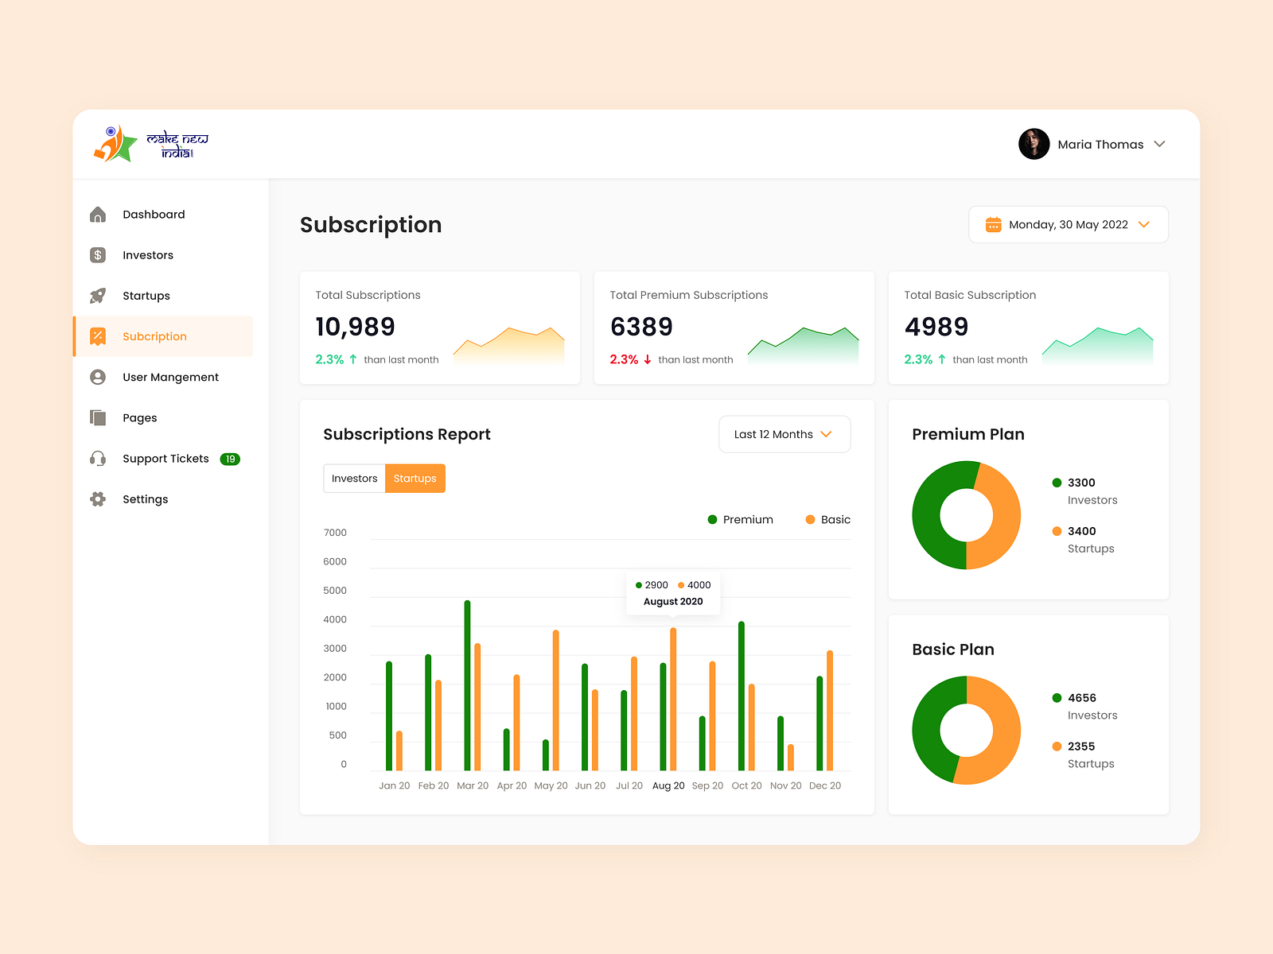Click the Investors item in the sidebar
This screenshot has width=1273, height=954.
[x=147, y=255]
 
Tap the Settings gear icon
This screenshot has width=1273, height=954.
[x=98, y=499]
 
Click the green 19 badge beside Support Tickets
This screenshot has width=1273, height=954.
[x=230, y=459]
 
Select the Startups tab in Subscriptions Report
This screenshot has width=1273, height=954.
[x=415, y=479]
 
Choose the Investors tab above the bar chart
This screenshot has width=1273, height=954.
[x=354, y=479]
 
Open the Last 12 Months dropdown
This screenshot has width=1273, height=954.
[x=784, y=434]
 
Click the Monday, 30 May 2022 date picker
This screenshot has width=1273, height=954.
[x=1068, y=225]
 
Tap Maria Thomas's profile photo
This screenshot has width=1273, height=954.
[x=1034, y=144]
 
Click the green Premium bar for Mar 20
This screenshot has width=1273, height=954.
[x=467, y=685]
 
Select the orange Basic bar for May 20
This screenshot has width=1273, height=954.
[x=555, y=700]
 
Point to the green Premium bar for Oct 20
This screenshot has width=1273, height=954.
[x=742, y=696]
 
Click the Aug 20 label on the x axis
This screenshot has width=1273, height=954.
[x=668, y=785]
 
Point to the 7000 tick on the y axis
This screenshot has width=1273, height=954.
[x=335, y=533]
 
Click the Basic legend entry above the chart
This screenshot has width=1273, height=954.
[x=827, y=519]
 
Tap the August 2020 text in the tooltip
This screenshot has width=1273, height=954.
[x=673, y=602]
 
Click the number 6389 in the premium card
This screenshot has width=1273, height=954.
[x=641, y=327]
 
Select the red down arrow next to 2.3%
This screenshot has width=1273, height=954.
[x=648, y=359]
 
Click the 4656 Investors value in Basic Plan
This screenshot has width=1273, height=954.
[x=1081, y=698]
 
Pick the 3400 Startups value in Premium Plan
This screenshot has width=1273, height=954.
[x=1081, y=531]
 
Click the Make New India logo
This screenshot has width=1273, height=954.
[x=151, y=144]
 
